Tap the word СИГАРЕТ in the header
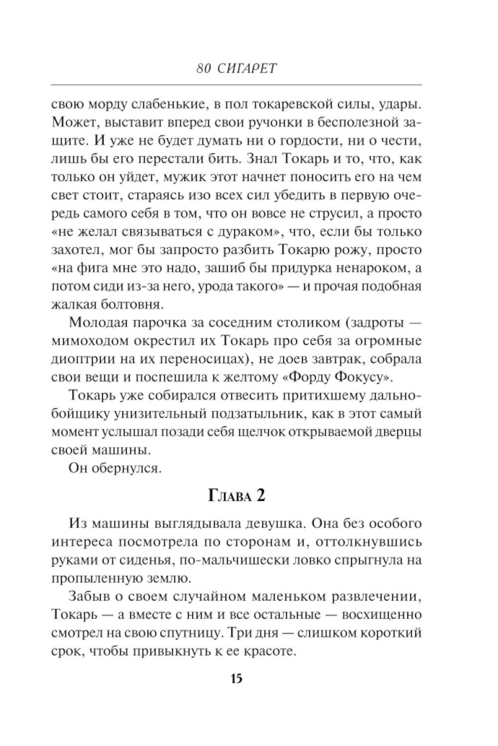[248, 69]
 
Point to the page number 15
[236, 678]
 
